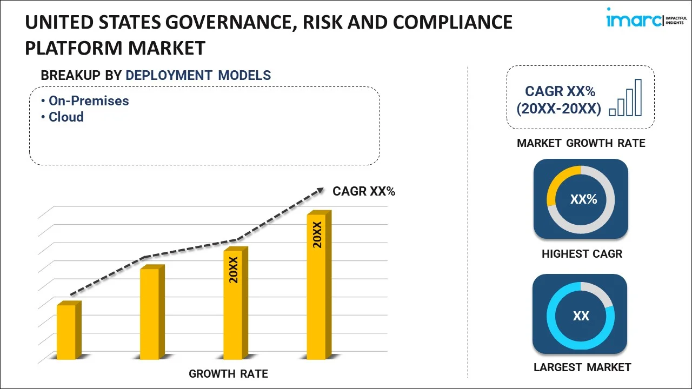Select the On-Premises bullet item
tap(89, 100)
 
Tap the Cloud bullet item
tap(66, 117)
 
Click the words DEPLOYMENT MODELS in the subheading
tap(198, 75)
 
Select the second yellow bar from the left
tap(150, 313)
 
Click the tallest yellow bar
tap(316, 286)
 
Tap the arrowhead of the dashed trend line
tap(320, 190)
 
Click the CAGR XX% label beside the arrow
tap(364, 191)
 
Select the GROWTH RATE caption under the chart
tap(228, 373)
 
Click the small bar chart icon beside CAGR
tap(625, 98)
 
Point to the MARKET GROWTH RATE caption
tap(581, 143)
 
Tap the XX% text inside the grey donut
tap(583, 199)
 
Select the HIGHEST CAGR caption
tap(582, 253)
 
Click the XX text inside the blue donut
tap(581, 316)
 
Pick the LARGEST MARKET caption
tap(582, 367)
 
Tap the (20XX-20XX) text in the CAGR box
tap(558, 109)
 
